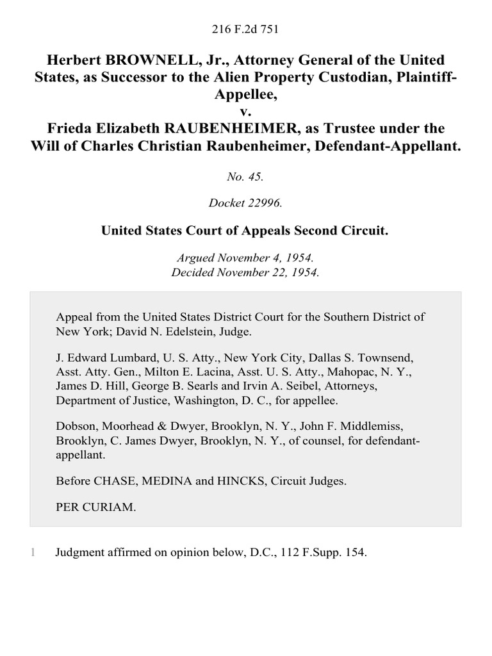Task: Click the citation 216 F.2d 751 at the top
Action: point(246,29)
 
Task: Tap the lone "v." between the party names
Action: point(246,111)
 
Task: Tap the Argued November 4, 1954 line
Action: point(246,258)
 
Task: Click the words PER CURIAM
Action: point(95,507)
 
